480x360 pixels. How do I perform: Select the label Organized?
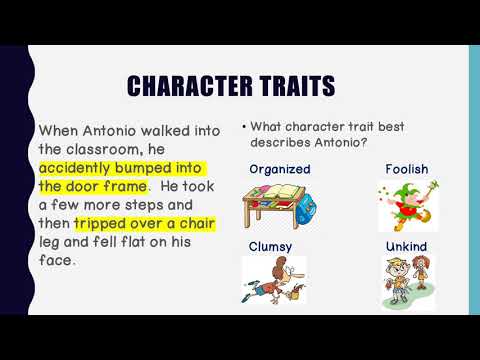[x=280, y=169]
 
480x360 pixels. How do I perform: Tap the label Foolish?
[x=406, y=169]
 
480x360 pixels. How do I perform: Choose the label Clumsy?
[x=272, y=245]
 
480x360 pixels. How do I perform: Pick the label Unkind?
[x=406, y=245]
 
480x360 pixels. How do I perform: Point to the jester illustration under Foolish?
[x=406, y=206]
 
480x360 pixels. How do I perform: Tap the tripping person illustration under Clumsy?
[x=273, y=281]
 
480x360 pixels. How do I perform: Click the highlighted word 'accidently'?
[x=79, y=168]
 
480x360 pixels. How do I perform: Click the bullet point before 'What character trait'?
[x=244, y=127]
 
